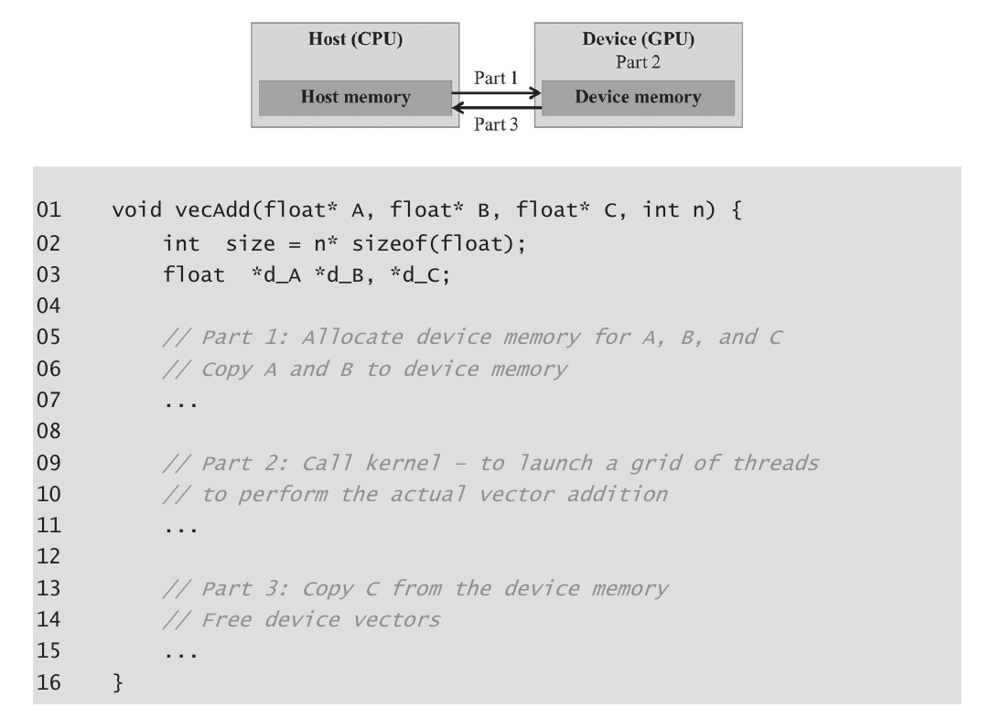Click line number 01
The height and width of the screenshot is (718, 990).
coord(48,209)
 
